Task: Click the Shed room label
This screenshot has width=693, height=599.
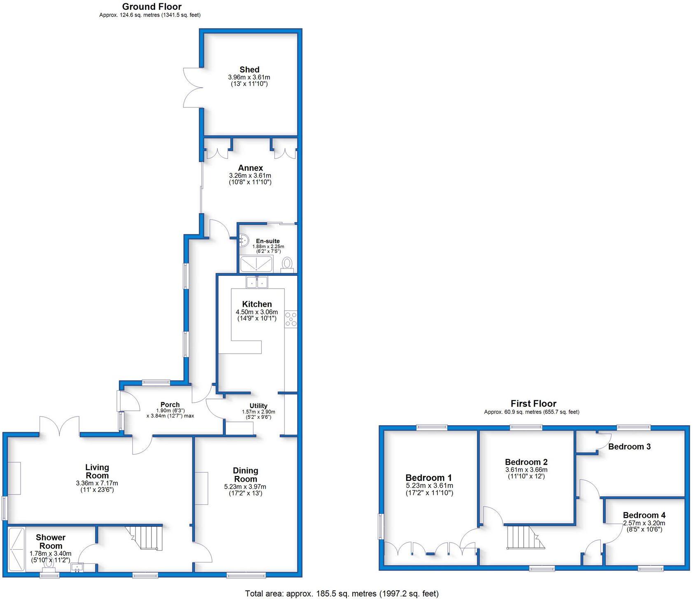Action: [x=249, y=70]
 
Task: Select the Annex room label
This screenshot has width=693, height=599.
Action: [x=250, y=168]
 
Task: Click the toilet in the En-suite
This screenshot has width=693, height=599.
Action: [x=287, y=263]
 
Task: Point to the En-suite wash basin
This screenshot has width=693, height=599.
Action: [x=243, y=239]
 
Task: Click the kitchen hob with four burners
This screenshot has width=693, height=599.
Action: [x=291, y=319]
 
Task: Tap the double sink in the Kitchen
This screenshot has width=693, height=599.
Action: [x=257, y=282]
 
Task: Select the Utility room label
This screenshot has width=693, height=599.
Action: [x=258, y=406]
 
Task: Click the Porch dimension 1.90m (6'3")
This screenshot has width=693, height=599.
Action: [x=170, y=410]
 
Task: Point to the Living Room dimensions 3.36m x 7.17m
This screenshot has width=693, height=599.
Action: [x=97, y=483]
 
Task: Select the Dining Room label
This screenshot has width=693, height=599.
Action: [x=245, y=475]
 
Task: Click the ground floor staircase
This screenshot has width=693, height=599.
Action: [x=147, y=538]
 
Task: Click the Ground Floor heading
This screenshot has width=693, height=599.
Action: [x=151, y=7]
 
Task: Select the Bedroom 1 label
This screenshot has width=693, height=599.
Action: [x=428, y=478]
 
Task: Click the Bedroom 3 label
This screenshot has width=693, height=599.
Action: [x=629, y=447]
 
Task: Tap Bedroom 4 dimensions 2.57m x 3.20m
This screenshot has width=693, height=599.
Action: [x=644, y=523]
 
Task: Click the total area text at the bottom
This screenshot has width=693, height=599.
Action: [x=342, y=593]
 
